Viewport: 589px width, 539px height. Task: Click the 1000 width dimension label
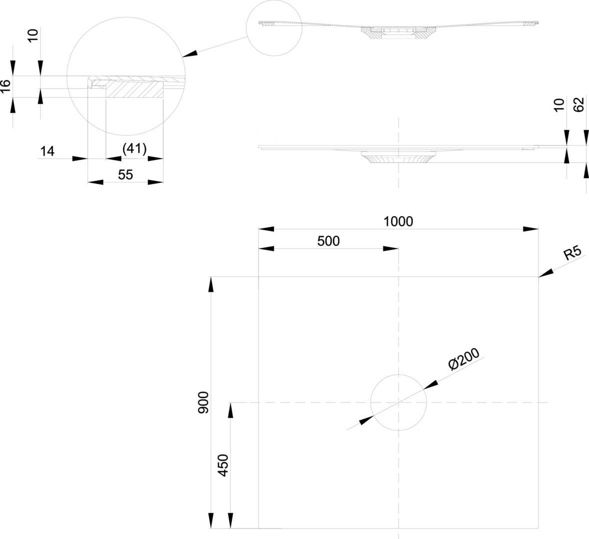tap(398, 221)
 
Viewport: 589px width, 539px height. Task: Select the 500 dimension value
tap(328, 241)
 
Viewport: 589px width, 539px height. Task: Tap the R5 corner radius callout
tap(572, 253)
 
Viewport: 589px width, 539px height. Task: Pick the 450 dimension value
tap(223, 465)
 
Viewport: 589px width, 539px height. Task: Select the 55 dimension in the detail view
tap(125, 175)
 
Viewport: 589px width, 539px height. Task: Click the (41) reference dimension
tap(134, 149)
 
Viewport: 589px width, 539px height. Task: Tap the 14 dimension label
tap(47, 151)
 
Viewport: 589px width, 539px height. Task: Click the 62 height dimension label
tap(579, 105)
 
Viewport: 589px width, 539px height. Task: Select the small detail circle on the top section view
tap(275, 28)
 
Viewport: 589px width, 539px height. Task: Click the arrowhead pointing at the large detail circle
tap(190, 54)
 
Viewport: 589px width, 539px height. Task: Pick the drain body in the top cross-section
tap(398, 33)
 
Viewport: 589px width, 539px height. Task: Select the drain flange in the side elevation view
tap(398, 159)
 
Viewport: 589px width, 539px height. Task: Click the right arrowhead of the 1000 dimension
tap(531, 229)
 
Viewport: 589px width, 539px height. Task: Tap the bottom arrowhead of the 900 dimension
tap(211, 520)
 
